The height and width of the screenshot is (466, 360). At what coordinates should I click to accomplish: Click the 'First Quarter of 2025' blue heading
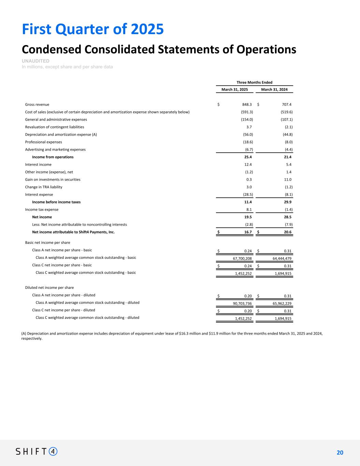coord(93,29)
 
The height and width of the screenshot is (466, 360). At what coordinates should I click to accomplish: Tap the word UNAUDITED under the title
coord(35,61)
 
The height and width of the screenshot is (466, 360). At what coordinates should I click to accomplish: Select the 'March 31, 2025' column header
coord(235,89)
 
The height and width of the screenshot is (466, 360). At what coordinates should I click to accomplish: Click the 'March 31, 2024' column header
coord(274,89)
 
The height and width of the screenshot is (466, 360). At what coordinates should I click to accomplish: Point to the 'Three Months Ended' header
coord(255,82)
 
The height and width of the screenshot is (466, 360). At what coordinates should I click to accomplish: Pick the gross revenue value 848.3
coord(246,104)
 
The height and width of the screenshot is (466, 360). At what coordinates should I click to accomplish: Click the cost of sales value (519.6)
coord(286,112)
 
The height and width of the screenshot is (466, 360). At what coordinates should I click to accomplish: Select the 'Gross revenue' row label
coord(37,104)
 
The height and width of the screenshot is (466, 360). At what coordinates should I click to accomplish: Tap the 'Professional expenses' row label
coord(44,142)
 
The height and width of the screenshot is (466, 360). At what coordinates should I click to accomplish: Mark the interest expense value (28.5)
coord(247,195)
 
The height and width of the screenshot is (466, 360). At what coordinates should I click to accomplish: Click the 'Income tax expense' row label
coord(42,210)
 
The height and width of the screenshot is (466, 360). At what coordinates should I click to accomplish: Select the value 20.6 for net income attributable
coord(287,232)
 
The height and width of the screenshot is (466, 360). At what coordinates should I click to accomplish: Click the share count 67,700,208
coord(242,258)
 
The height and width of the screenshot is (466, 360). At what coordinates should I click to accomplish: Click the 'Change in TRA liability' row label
coord(44,187)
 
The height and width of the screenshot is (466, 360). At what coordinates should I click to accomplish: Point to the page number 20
coord(340,453)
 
